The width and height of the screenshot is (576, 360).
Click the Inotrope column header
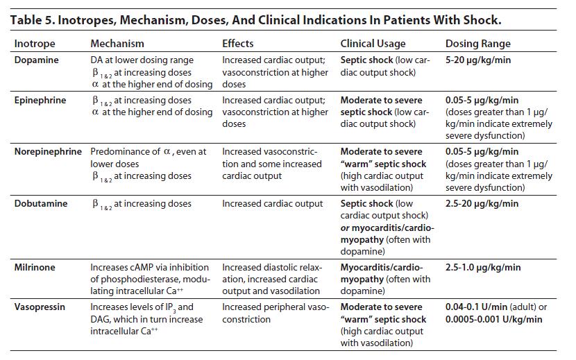pos(35,44)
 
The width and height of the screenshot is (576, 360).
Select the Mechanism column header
pos(117,44)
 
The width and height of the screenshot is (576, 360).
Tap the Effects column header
pos(237,44)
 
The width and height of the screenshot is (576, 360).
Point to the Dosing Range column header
pos(477,44)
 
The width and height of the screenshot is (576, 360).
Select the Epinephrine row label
pos(40,101)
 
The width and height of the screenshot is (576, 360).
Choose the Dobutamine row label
pos(41,204)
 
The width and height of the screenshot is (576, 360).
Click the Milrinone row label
pos(35,267)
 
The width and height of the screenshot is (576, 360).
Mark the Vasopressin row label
pos(40,307)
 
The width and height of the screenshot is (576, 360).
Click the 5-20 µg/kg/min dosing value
pos(477,60)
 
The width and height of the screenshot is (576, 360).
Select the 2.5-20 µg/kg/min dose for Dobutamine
pos(482,204)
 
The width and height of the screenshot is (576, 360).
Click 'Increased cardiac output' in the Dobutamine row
pos(272,204)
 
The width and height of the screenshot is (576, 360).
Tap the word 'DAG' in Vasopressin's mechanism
pos(101,320)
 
